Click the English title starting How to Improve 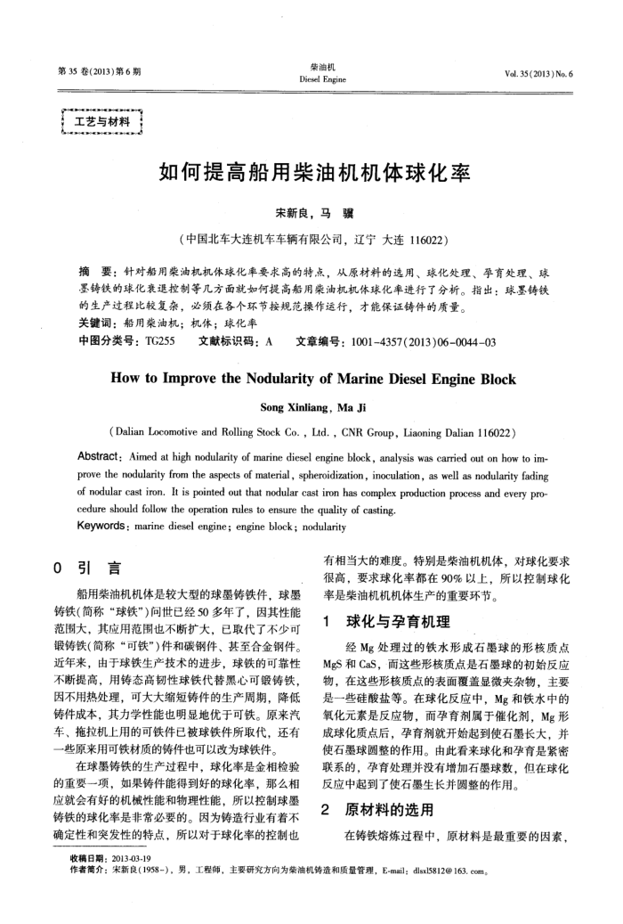pyautogui.click(x=312, y=379)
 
